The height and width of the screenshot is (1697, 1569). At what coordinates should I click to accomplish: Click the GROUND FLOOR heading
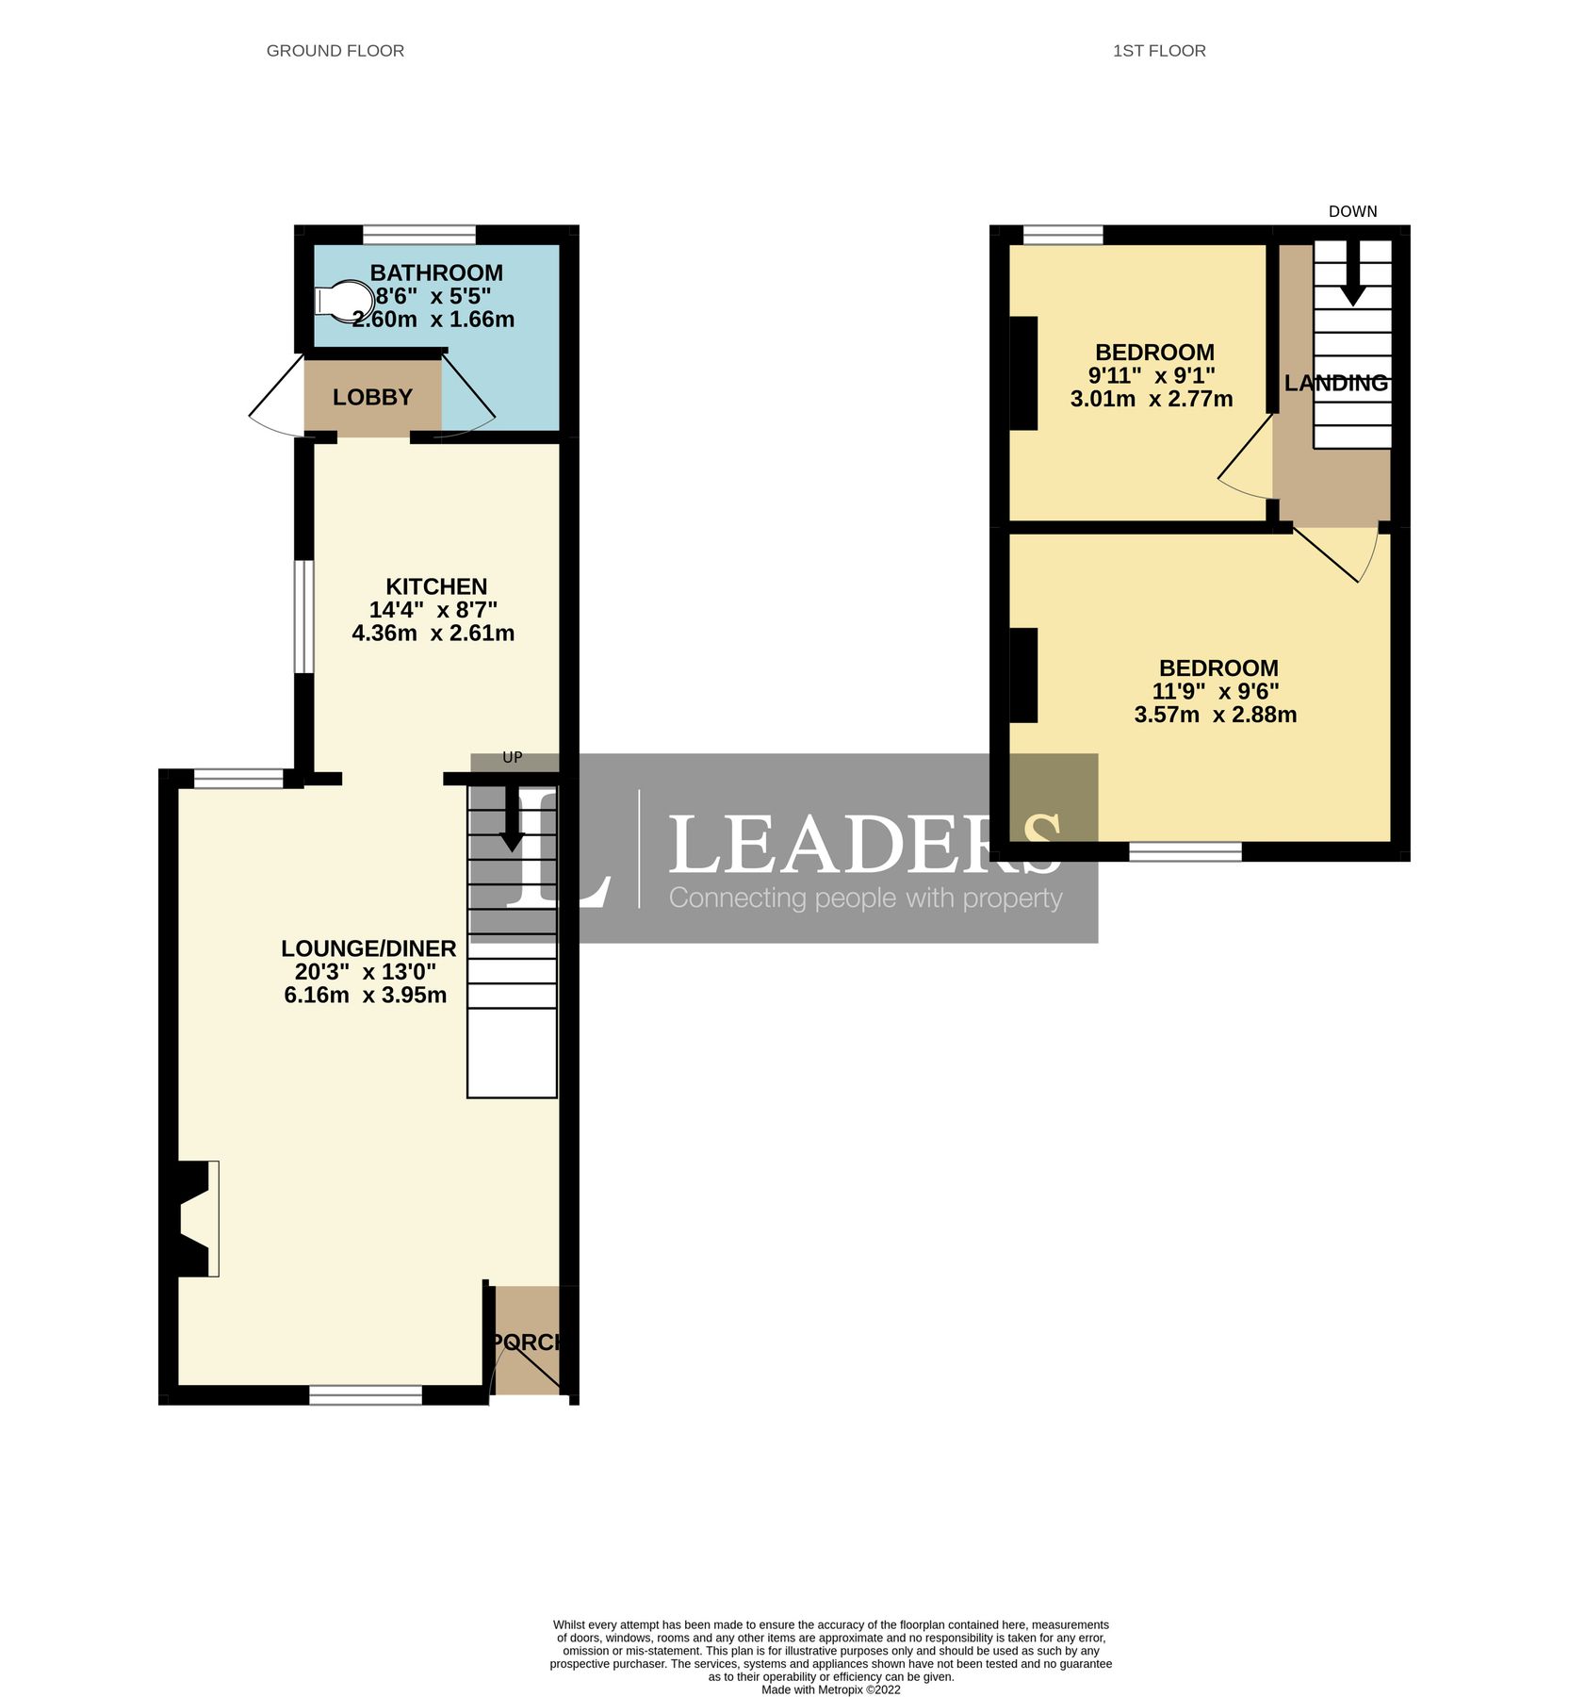pos(335,51)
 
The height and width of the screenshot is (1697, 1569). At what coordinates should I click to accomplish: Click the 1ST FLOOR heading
pos(1158,51)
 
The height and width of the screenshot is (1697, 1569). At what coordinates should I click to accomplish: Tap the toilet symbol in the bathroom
pos(340,301)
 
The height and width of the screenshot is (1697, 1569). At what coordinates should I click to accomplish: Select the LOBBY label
pos(372,398)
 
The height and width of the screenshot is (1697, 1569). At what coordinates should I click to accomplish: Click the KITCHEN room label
pos(436,586)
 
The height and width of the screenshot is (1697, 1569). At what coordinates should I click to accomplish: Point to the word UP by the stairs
pos(512,758)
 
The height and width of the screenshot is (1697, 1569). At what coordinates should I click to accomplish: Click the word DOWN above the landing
pos(1352,211)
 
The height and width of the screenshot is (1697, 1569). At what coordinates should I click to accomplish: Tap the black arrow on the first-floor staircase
pos(1352,276)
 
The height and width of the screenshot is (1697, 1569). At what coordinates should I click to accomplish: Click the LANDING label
pos(1335,384)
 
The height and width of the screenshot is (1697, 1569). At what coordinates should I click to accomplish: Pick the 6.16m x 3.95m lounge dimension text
pos(366,996)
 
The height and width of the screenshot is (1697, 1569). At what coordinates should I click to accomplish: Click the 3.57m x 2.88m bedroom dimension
pos(1215,715)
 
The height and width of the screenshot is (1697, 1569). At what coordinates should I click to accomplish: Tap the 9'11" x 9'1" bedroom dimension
pos(1151,375)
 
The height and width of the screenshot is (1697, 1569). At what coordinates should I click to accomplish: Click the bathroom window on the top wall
pos(419,234)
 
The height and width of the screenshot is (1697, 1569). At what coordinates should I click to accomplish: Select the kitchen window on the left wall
pos(302,618)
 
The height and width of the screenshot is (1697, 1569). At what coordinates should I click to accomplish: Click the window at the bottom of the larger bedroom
pos(1185,852)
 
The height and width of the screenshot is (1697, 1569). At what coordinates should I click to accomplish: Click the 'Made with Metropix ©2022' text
pos(830,1689)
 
